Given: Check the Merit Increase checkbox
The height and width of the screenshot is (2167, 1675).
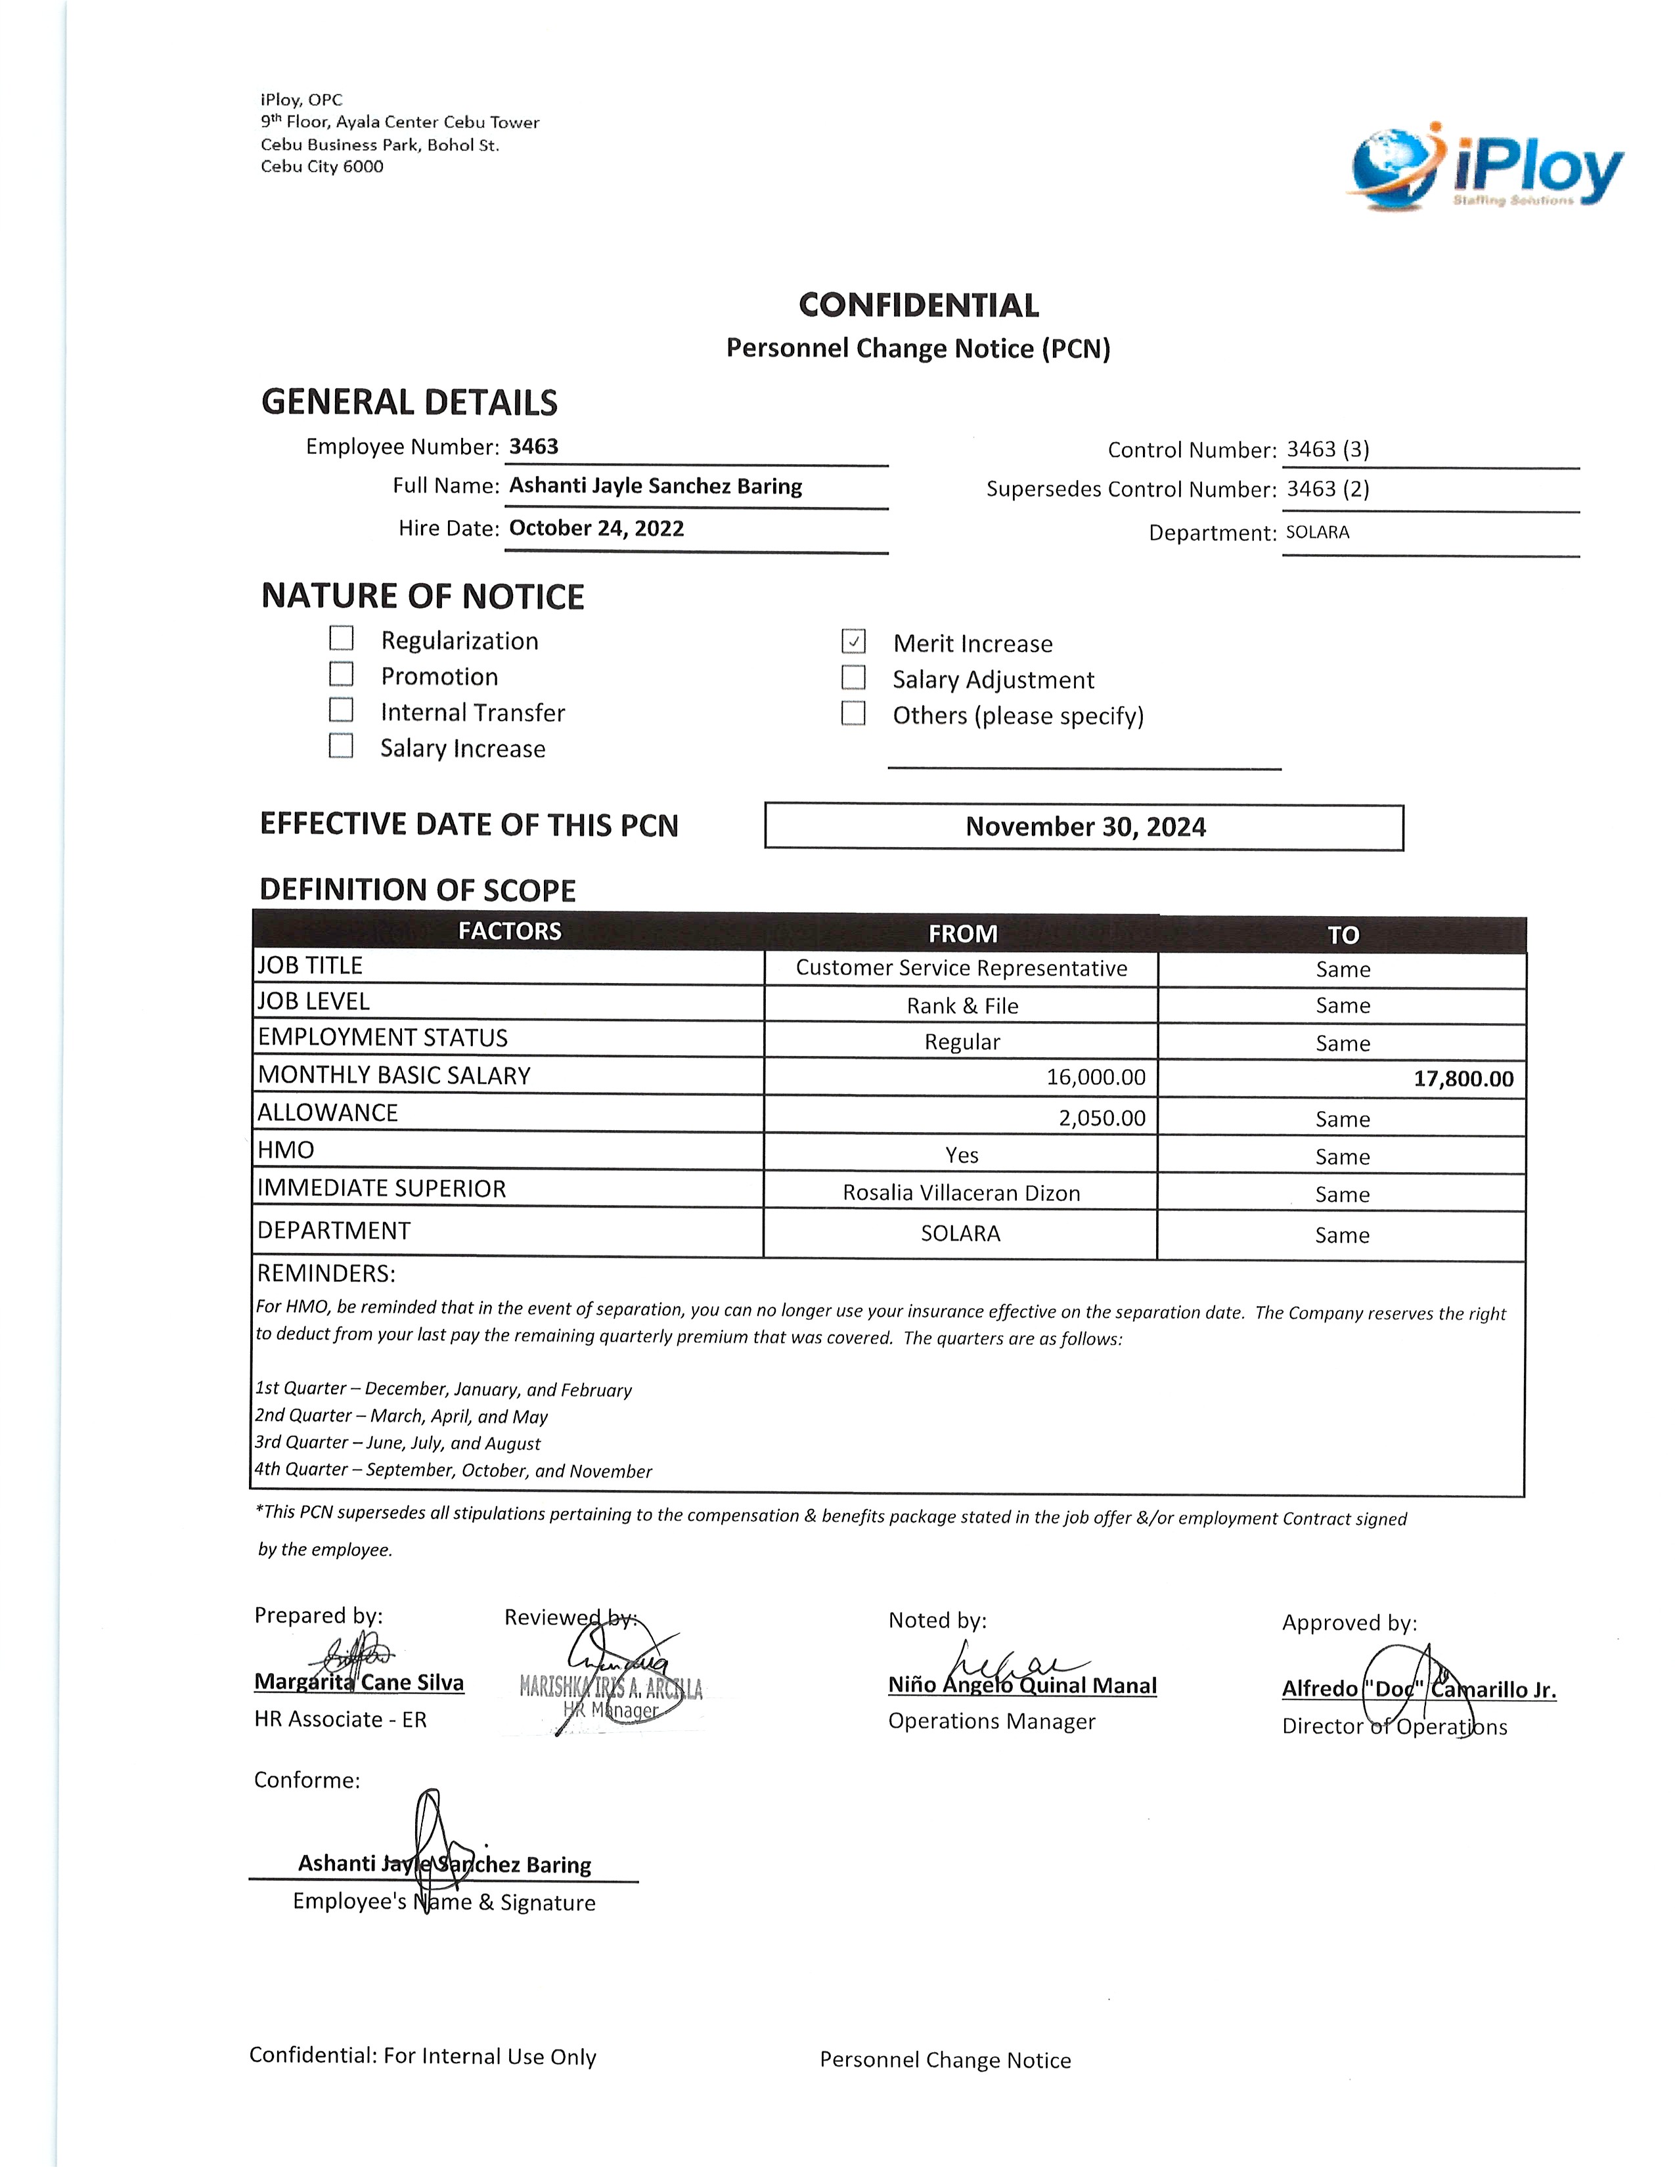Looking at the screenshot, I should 853,642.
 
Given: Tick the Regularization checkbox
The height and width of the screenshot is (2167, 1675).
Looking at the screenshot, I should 342,638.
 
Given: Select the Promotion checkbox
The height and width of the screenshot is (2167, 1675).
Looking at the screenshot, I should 342,674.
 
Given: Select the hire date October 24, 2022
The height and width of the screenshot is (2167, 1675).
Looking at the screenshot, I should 596,528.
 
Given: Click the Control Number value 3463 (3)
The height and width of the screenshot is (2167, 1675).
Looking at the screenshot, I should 1328,449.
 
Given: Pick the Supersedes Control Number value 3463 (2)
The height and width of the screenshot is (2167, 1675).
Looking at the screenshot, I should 1328,489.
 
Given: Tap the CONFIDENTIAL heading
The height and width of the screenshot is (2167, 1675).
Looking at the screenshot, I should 918,305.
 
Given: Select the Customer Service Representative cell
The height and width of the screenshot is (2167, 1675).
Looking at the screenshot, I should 960,969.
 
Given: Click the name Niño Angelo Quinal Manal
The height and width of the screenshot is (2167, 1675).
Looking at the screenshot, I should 1022,1686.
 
